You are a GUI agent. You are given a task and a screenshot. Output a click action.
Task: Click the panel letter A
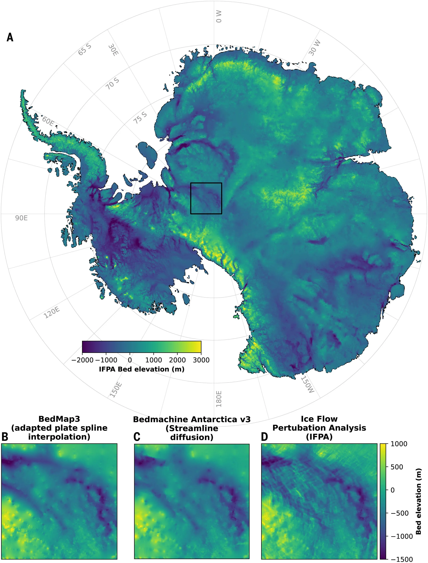click(x=10, y=37)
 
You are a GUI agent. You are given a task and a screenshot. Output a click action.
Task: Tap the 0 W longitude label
click(x=219, y=17)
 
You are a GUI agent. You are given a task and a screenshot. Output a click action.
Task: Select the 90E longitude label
click(x=21, y=218)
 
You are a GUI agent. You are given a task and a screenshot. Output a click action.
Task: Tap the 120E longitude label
click(x=52, y=313)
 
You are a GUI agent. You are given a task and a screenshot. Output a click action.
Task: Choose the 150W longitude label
click(x=308, y=385)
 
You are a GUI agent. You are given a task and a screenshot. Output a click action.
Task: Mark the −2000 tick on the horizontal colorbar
click(x=83, y=360)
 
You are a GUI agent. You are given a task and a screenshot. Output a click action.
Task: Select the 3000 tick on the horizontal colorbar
click(x=201, y=360)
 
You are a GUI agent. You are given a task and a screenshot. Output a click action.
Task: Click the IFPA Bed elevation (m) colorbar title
click(x=142, y=369)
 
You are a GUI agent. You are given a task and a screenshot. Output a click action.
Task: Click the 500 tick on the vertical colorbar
click(x=397, y=467)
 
